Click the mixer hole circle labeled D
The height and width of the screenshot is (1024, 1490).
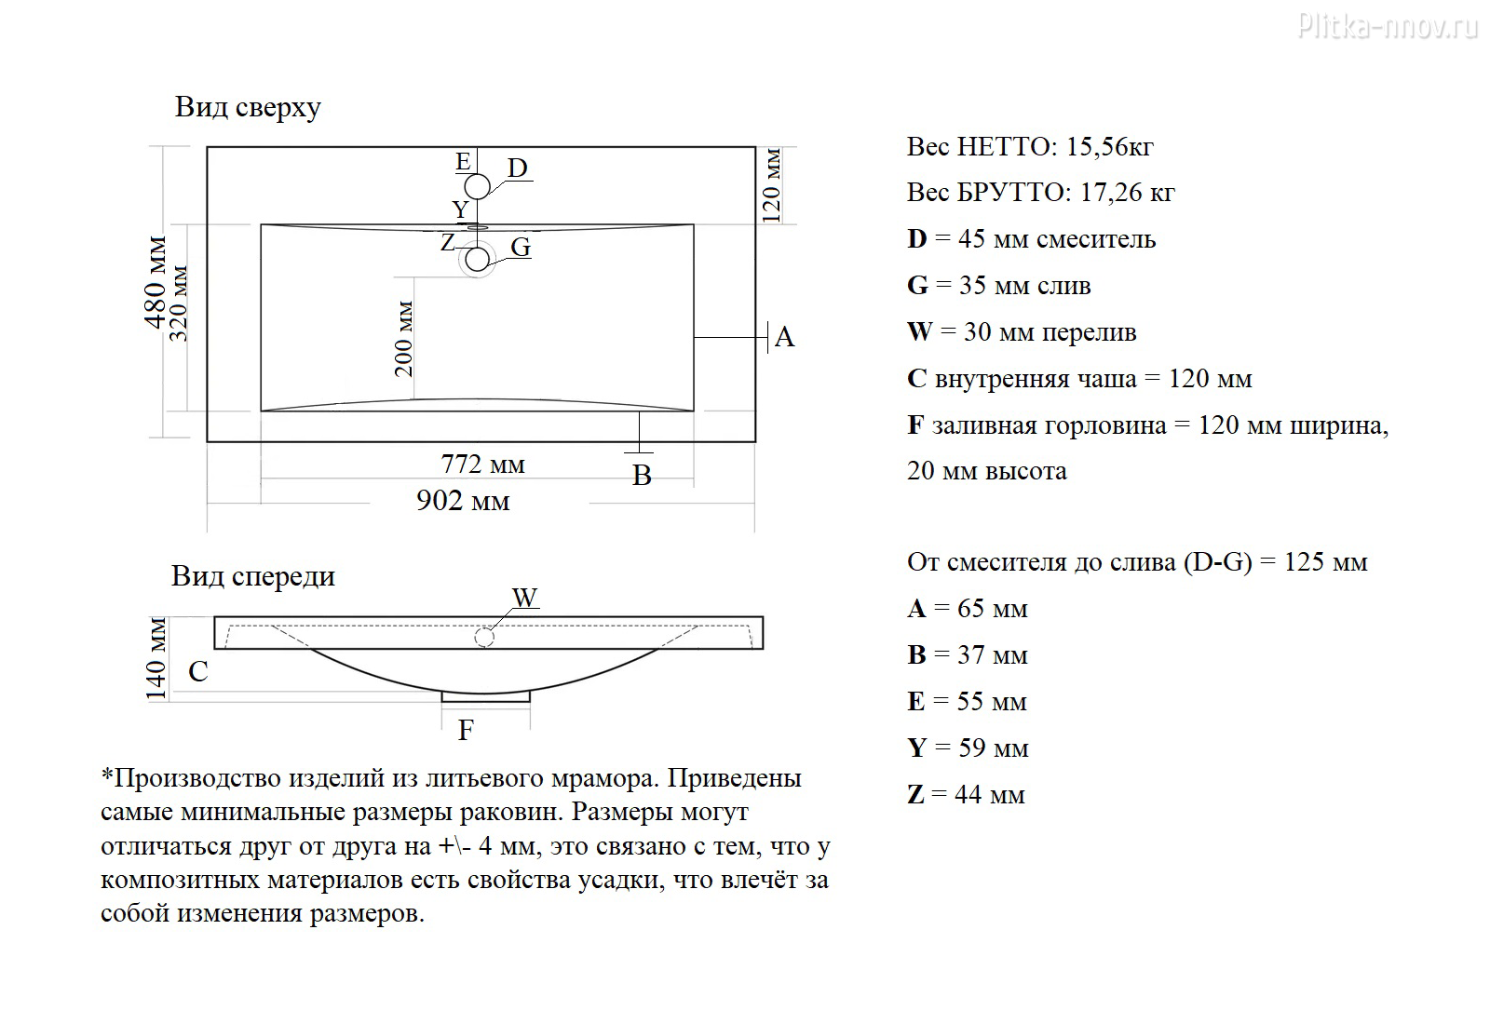[477, 187]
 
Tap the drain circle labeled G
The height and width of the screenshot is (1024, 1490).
[477, 260]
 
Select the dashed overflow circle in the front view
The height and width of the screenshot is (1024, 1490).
[484, 638]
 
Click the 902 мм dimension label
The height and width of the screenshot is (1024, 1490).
[463, 501]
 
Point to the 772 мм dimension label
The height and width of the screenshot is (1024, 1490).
[483, 465]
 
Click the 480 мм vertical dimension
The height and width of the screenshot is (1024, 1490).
[156, 283]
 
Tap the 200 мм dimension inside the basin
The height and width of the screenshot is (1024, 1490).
[404, 339]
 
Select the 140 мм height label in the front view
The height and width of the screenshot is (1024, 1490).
[156, 659]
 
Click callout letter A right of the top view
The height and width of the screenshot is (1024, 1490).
[785, 337]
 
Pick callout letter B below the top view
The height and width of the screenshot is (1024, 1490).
[642, 476]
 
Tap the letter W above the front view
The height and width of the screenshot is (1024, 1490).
[525, 597]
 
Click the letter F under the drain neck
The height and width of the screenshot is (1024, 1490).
[466, 730]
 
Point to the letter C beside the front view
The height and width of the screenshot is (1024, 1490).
[198, 671]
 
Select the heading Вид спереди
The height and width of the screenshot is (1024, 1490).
[253, 576]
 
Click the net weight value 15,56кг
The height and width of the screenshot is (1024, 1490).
[1109, 147]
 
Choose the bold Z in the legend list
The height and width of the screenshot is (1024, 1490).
[916, 795]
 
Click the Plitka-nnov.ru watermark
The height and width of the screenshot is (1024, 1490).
[1388, 27]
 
